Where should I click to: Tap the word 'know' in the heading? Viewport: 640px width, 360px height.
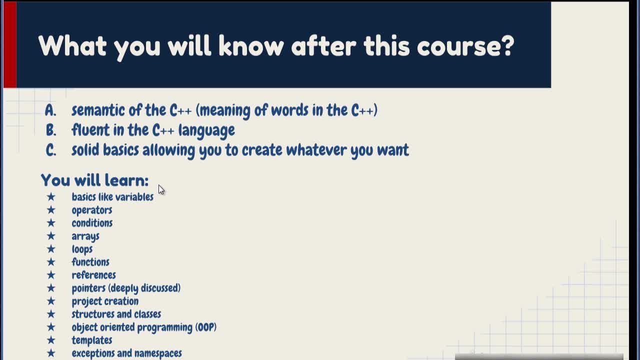tap(251, 45)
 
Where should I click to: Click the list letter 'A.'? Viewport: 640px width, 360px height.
tap(50, 110)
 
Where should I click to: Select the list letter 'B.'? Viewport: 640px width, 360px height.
tap(51, 130)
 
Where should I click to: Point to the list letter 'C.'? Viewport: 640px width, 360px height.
tap(51, 150)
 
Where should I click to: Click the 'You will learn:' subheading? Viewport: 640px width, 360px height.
tap(94, 180)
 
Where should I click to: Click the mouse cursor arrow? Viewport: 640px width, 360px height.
tap(161, 189)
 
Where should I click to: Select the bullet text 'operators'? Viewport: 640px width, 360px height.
tap(91, 210)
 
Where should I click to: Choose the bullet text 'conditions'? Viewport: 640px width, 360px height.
tap(92, 223)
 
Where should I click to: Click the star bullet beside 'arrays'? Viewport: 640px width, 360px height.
tap(51, 235)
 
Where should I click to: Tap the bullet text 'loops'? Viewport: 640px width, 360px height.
tap(82, 249)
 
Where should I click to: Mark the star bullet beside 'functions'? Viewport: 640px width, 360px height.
tap(51, 261)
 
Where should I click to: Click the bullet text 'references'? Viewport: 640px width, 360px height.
tap(93, 275)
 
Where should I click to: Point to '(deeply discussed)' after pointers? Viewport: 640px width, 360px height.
tap(144, 288)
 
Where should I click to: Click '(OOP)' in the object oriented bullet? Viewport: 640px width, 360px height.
tap(205, 327)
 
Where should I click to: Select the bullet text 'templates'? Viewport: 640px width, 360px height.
tap(91, 340)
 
